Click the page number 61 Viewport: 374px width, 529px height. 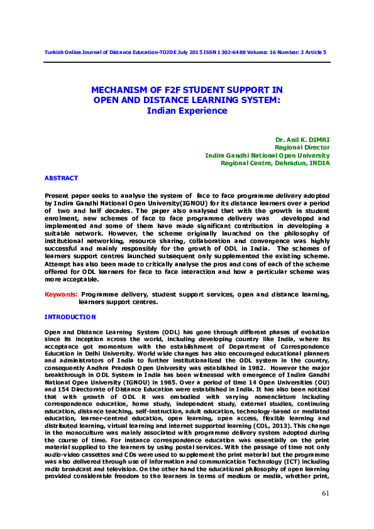click(x=325, y=493)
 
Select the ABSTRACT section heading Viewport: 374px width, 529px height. click(x=61, y=178)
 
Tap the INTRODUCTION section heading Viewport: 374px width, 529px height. click(x=70, y=317)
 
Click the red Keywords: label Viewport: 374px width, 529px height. click(x=61, y=294)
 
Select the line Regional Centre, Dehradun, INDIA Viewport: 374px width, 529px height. click(x=275, y=163)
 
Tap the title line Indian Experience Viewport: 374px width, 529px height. click(x=187, y=111)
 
